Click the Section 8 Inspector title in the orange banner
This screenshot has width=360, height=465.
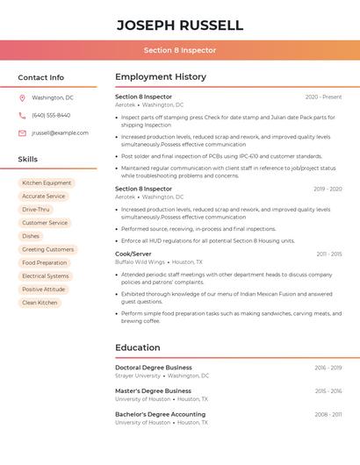(179, 50)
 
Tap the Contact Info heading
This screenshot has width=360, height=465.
(40, 77)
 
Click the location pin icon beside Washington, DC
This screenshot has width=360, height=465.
(22, 97)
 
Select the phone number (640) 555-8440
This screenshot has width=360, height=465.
(51, 115)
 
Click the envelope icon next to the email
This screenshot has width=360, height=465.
(22, 133)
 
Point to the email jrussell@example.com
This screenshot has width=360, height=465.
(60, 133)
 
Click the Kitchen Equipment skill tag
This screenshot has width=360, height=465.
(47, 183)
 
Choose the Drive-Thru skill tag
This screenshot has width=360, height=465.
(36, 210)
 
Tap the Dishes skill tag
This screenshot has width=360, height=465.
(31, 236)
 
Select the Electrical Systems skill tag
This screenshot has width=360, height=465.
(46, 276)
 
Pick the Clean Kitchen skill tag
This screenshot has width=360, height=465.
(40, 303)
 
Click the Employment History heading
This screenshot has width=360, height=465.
(161, 77)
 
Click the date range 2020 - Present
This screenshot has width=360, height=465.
(323, 97)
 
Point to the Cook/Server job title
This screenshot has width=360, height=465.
(133, 254)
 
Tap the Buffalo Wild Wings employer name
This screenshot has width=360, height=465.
(140, 261)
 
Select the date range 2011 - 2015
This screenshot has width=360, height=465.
(329, 254)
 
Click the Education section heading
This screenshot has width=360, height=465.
(138, 347)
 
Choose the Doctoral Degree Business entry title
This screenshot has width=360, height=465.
(154, 368)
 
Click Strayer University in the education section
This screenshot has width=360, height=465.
(138, 376)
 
